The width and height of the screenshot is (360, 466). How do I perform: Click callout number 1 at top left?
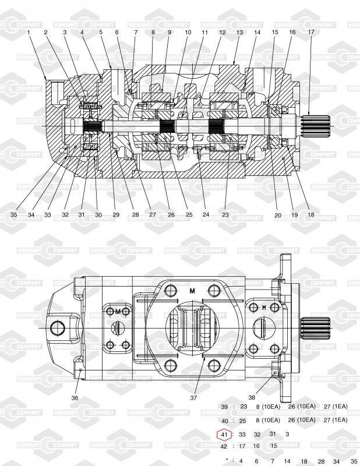(29, 33)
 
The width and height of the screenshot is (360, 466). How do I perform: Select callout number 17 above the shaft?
(311, 31)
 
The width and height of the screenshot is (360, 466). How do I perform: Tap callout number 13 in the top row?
(239, 33)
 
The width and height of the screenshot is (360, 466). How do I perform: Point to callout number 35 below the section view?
(13, 214)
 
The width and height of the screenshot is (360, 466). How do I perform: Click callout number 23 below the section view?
(225, 214)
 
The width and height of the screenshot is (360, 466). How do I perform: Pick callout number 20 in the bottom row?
(278, 215)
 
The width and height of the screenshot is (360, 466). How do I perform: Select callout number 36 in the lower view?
(75, 398)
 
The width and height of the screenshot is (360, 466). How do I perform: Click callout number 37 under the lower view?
(193, 398)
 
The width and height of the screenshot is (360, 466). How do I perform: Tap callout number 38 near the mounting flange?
(252, 397)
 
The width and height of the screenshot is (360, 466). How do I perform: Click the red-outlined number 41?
(224, 435)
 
